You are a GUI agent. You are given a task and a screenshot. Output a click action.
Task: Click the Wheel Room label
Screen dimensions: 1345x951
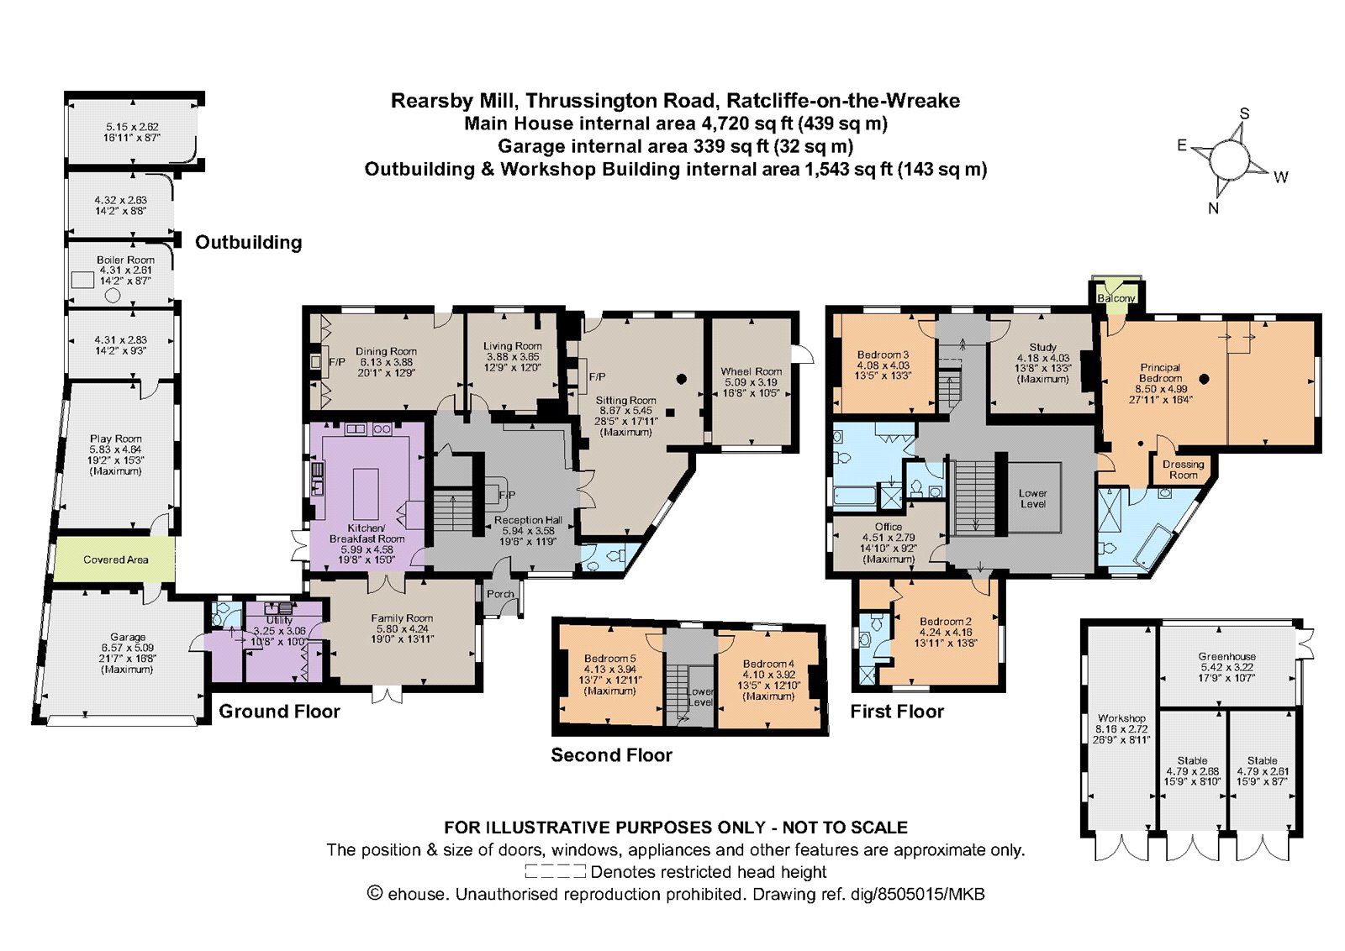click(752, 371)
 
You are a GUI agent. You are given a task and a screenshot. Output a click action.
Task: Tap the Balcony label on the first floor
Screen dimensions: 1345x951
click(1116, 298)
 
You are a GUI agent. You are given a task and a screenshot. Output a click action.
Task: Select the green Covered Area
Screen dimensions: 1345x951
click(114, 560)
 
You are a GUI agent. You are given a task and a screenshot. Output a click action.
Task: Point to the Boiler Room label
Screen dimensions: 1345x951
click(125, 260)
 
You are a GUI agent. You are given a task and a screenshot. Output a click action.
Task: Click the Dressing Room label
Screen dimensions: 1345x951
click(1183, 470)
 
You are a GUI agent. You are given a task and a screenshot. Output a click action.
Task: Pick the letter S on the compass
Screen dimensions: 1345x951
click(1245, 114)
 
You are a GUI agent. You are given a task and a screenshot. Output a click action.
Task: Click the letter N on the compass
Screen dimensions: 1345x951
click(1214, 208)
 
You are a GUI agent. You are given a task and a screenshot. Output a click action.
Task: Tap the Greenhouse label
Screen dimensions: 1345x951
click(1226, 656)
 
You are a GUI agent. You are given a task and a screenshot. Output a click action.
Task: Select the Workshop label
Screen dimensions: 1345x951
click(1121, 718)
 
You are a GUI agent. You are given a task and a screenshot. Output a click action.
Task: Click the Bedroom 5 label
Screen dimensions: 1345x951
click(609, 658)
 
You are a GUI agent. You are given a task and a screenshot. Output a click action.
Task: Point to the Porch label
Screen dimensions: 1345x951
click(500, 594)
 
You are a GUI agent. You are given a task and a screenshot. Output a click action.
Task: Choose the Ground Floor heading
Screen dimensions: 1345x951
click(279, 712)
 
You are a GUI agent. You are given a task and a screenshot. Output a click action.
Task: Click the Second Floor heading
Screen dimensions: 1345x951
click(611, 754)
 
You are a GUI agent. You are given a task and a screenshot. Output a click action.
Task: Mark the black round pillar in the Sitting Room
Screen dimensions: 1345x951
click(682, 379)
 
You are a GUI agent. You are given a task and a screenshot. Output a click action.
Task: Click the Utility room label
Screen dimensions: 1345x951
click(279, 620)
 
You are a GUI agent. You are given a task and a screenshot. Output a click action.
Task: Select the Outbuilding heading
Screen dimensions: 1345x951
click(249, 243)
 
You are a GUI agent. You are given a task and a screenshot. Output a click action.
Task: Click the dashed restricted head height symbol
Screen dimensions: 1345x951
click(555, 871)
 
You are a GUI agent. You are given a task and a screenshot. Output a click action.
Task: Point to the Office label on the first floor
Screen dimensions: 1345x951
click(889, 526)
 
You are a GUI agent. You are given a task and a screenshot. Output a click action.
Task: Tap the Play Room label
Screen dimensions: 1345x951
click(115, 439)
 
